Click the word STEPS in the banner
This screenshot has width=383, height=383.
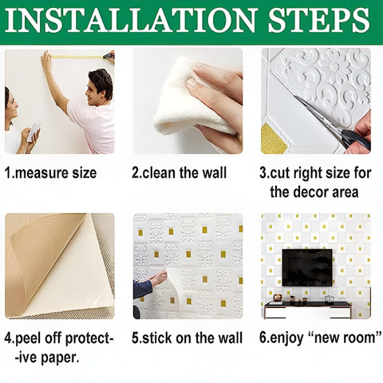[x=319, y=21]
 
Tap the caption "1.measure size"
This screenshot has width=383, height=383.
[x=50, y=173]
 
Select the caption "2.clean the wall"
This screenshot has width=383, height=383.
[x=180, y=172]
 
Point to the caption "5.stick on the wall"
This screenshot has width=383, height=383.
[x=187, y=338]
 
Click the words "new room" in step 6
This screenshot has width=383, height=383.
[x=345, y=338]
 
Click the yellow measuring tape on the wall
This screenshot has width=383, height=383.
[x=77, y=57]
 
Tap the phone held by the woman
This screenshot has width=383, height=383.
[x=34, y=132]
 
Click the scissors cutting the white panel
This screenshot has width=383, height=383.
[x=334, y=122]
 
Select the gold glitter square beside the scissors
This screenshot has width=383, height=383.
[x=272, y=139]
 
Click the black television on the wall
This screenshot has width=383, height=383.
[x=307, y=267]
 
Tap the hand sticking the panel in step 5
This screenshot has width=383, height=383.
[x=159, y=278]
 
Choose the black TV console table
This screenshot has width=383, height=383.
[x=308, y=309]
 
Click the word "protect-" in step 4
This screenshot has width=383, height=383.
[x=89, y=338]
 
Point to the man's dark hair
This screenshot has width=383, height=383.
[x=102, y=80]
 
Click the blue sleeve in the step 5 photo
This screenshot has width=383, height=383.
[x=142, y=289]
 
